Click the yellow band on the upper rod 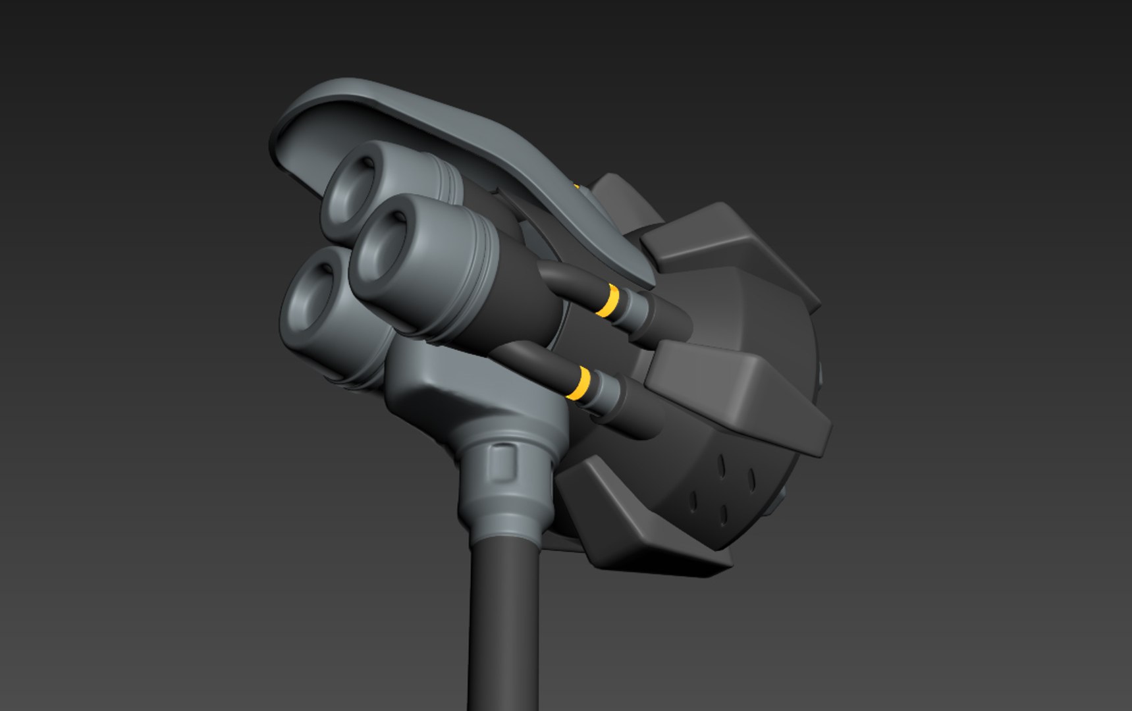click(x=611, y=300)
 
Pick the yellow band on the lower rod click(x=581, y=382)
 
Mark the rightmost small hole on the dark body click(x=752, y=480)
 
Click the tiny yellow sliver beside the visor click(x=576, y=187)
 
